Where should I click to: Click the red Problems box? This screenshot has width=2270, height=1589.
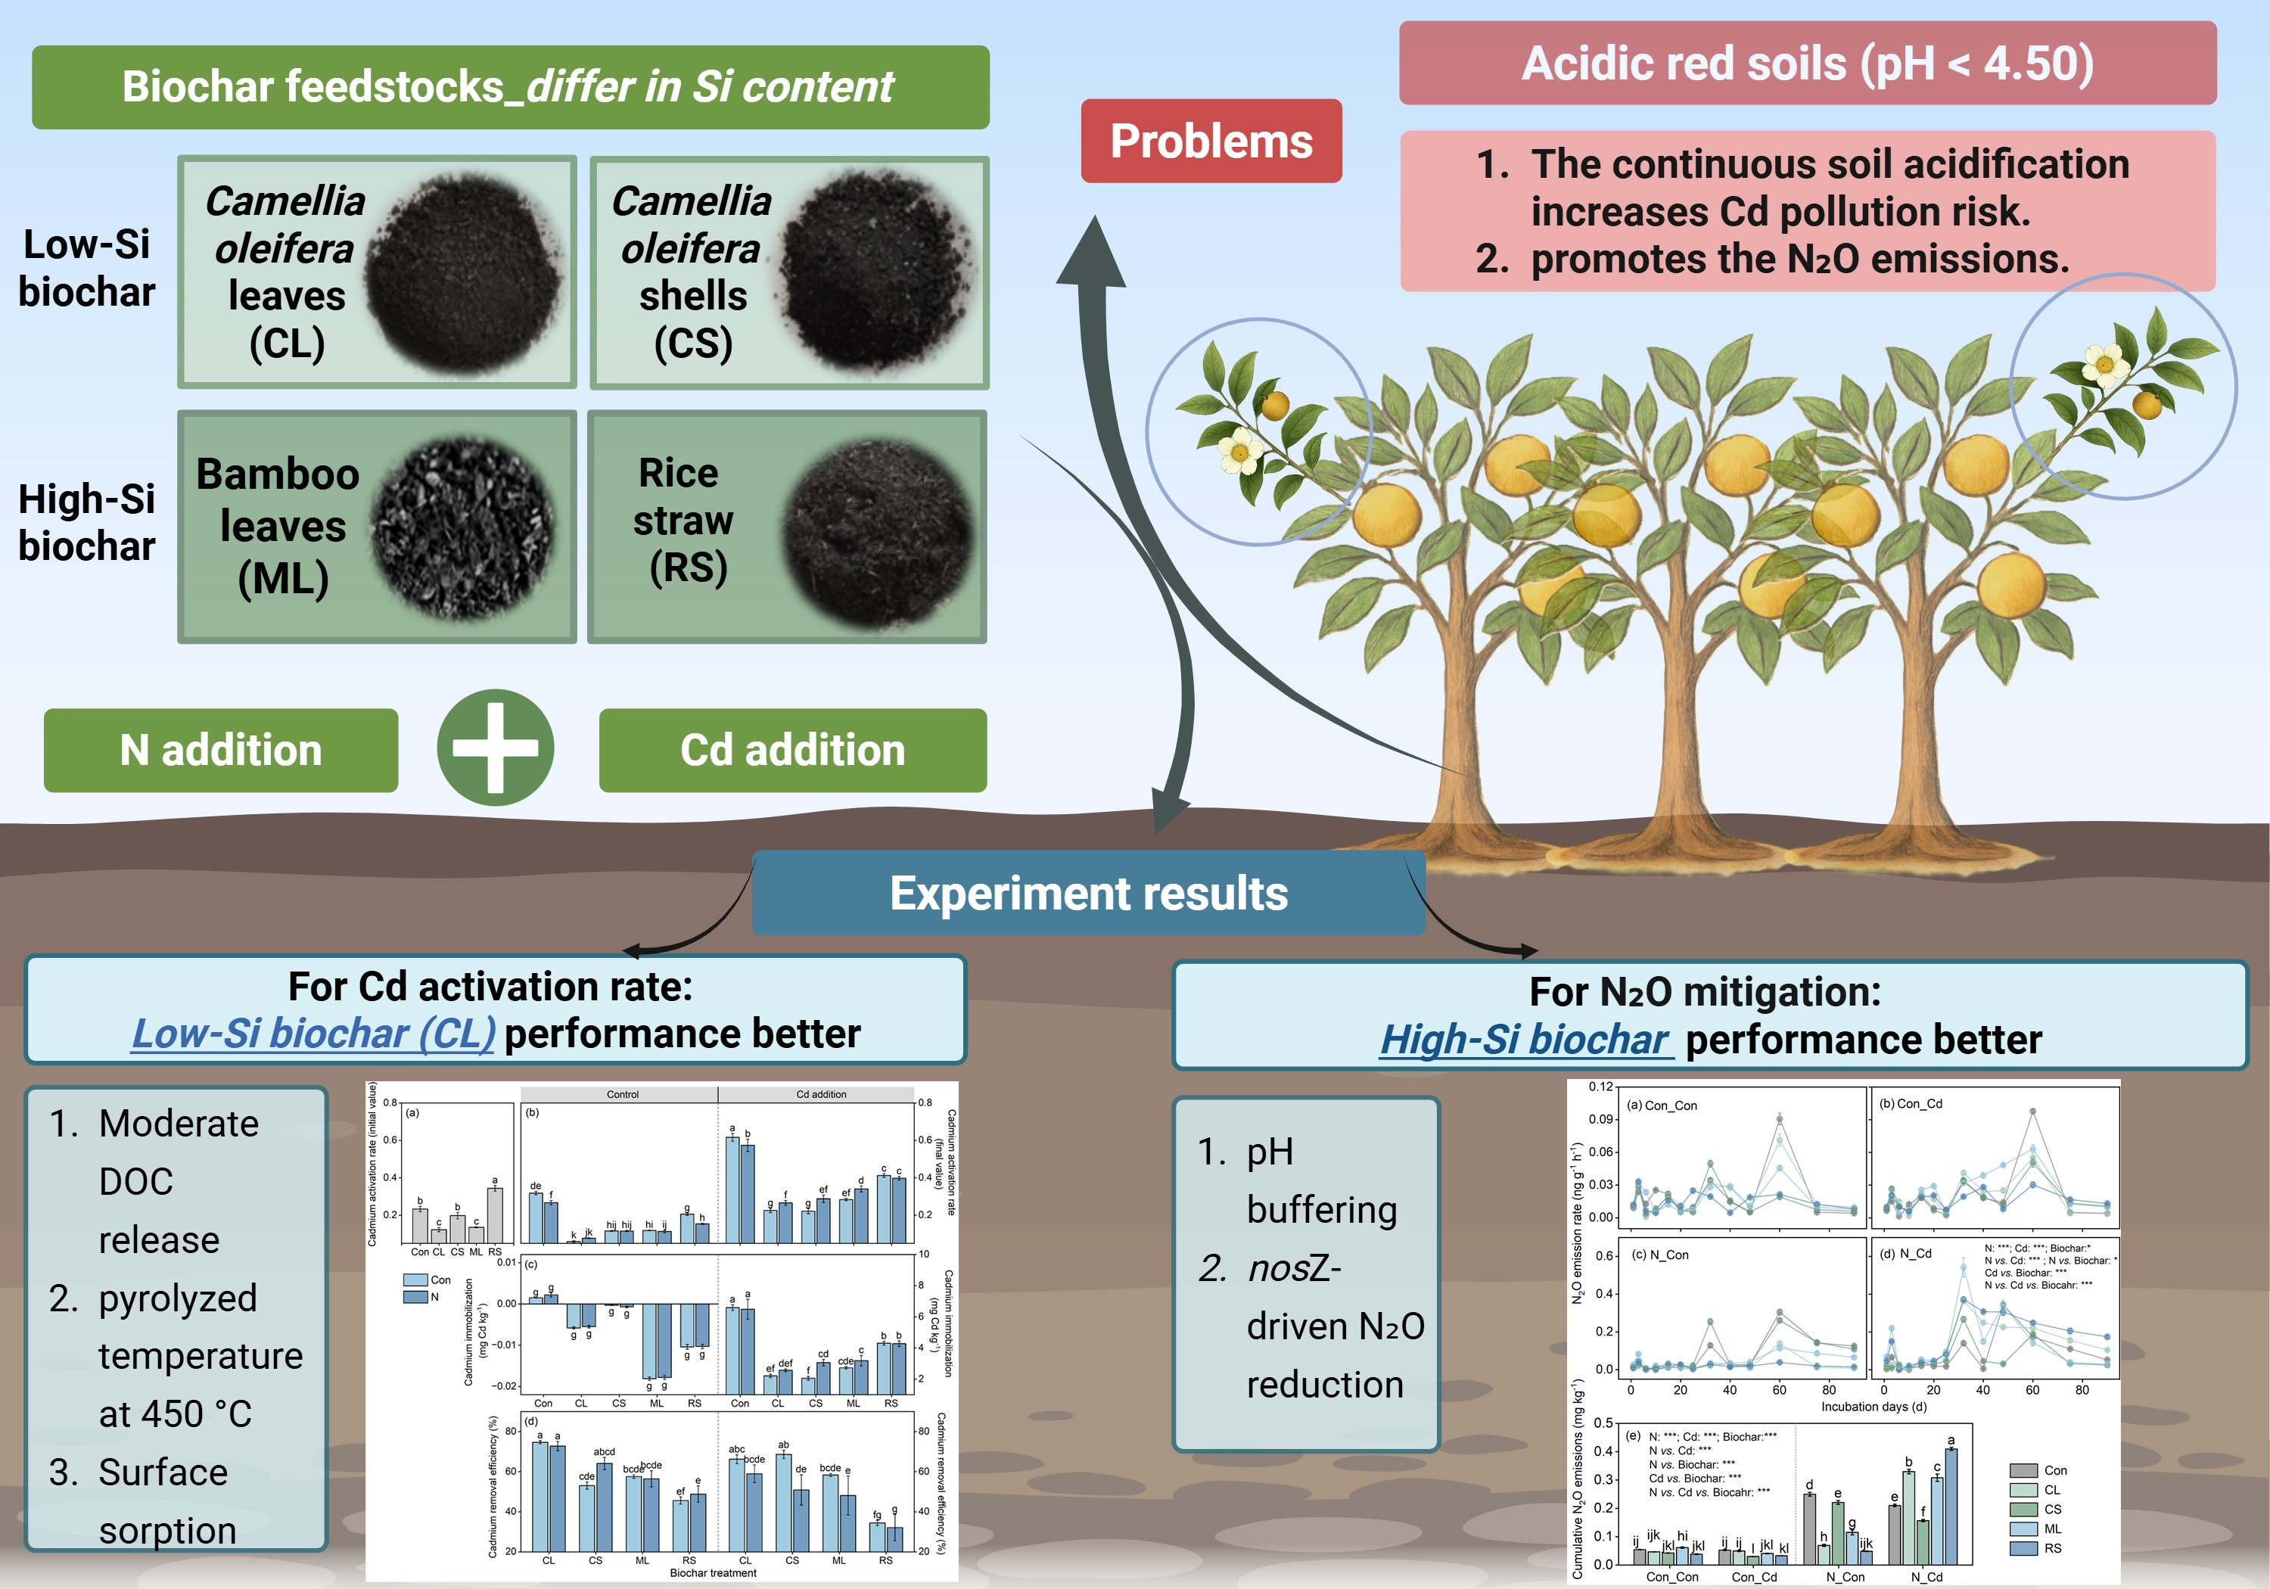coord(1211,141)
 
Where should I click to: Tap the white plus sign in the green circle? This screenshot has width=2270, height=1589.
coord(496,748)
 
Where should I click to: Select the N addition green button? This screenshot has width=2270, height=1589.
coord(220,751)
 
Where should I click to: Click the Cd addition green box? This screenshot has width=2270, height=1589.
coord(792,751)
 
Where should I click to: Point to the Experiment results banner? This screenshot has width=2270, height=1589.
coord(1089,893)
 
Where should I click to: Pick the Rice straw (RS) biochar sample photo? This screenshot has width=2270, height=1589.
coord(878,535)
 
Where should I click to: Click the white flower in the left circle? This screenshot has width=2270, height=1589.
coord(1239,451)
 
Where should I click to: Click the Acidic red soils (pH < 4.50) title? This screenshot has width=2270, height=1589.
coord(1808,64)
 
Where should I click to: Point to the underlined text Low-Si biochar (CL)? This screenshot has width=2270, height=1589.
coord(313,1034)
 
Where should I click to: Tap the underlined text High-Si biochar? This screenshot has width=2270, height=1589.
coord(1525,1039)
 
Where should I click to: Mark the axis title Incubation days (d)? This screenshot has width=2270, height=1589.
coord(1874,1406)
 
